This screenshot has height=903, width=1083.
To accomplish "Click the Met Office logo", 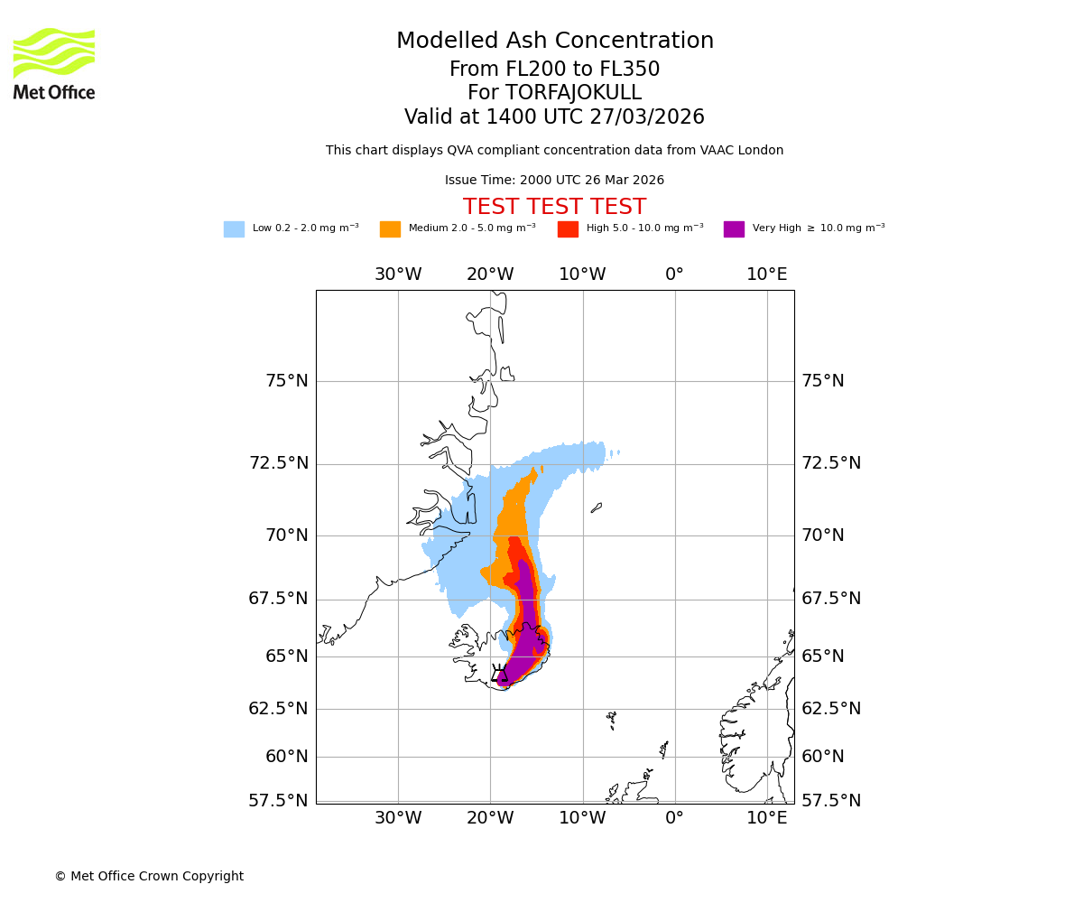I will point(54,63).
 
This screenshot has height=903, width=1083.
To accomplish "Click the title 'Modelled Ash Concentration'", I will point(554,42).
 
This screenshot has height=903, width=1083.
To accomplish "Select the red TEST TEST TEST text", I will point(554,208).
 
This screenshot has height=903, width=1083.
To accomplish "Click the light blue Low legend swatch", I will point(234,229).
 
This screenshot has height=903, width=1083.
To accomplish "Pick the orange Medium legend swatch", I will point(390,229).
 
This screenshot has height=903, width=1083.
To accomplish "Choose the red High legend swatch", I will point(568,229).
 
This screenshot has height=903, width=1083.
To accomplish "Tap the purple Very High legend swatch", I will point(734,229).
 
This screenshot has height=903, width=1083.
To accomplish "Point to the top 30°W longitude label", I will point(398,275).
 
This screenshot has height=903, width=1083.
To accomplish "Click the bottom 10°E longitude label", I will point(766,818).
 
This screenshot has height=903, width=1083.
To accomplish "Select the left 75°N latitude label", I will point(286,381).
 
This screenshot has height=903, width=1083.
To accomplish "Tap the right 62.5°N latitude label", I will point(831,709).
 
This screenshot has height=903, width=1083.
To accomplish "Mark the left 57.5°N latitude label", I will point(278,801).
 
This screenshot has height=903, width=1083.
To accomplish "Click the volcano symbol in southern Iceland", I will point(499,674).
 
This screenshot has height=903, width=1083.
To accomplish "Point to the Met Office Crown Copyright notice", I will point(149,876).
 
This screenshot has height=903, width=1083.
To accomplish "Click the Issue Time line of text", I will point(554,181).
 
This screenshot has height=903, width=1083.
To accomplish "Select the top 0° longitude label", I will point(674,275).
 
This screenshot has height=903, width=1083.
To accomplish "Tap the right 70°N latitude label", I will point(823,535).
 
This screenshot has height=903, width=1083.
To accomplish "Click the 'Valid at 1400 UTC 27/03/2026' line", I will point(554,117).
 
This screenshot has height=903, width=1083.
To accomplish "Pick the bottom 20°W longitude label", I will point(490,818).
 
